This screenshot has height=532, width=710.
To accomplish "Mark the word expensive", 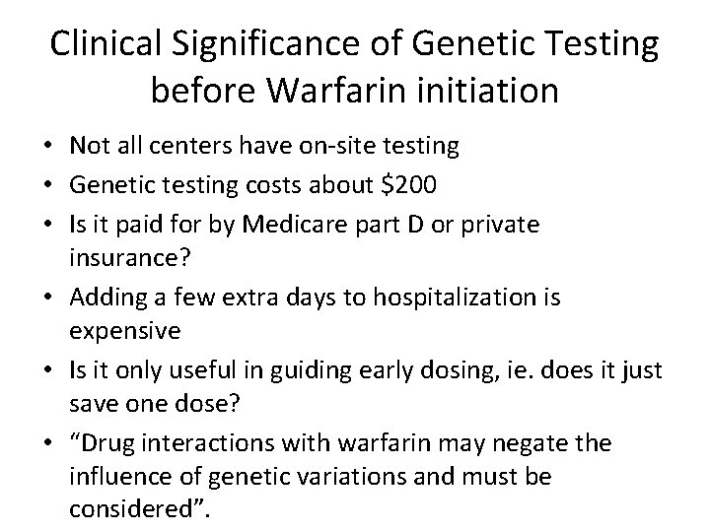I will (125, 330).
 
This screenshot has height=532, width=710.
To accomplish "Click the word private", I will (502, 225).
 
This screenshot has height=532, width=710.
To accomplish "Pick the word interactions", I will (205, 443).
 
